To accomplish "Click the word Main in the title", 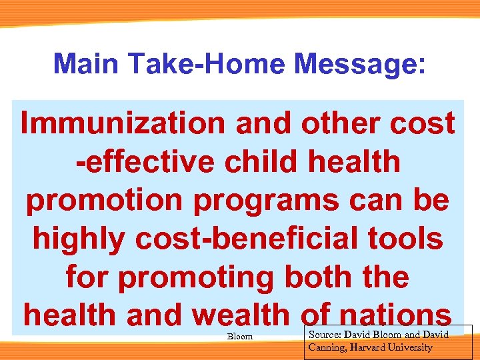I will click(x=89, y=64).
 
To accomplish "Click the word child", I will click(x=259, y=162).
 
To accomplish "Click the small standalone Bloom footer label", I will click(x=240, y=337).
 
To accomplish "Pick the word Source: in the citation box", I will click(x=325, y=334).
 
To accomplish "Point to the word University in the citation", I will click(x=412, y=347).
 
